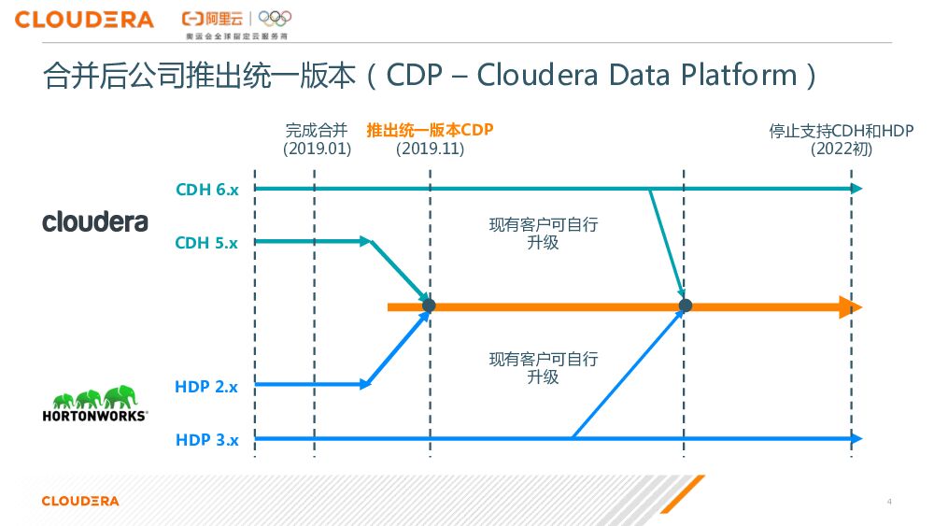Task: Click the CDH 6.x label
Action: coord(206,190)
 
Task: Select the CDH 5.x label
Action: coord(206,243)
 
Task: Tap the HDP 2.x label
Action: coord(206,386)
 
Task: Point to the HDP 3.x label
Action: coord(206,439)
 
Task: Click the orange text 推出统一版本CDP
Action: coord(430,130)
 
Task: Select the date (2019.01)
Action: coord(317,148)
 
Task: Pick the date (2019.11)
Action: coord(430,148)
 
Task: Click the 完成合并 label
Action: coord(317,130)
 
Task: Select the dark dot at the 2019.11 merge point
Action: coord(429,306)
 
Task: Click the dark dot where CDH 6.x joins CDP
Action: coord(685,306)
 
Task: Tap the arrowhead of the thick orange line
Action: coord(850,306)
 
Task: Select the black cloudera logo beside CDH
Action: coord(95,221)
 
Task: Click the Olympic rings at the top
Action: coord(275,18)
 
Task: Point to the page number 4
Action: coord(889,502)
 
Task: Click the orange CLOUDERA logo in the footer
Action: coord(80,502)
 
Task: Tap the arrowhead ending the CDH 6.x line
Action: coord(856,189)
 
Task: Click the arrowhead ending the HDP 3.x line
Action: coord(856,438)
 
